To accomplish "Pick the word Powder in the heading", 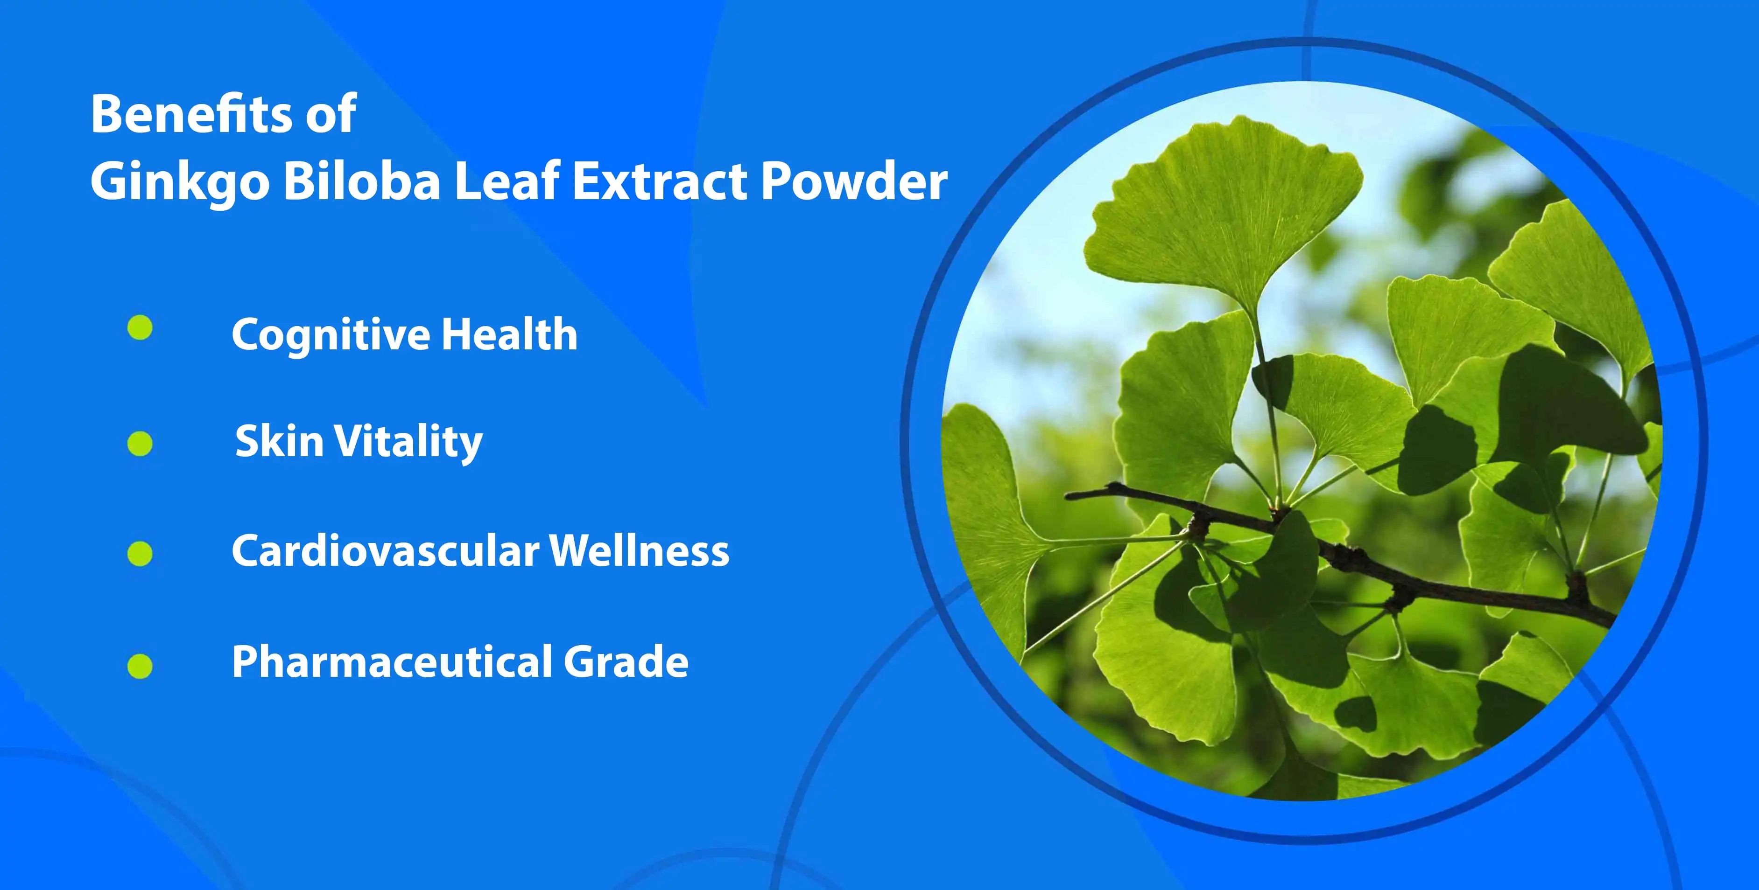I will point(853,181).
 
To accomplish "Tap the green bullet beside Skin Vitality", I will point(140,444).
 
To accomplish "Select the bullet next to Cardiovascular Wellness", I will point(140,554).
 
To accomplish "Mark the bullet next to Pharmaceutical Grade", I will point(140,666).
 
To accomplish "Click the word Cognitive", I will point(331,335).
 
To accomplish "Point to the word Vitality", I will point(408,442).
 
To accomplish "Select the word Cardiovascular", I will point(385,551).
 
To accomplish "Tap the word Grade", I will point(626,662).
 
